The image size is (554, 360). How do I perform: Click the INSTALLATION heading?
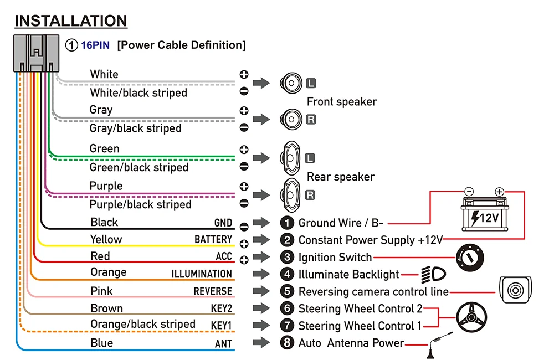[x=70, y=21]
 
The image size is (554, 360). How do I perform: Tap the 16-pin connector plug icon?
[x=36, y=53]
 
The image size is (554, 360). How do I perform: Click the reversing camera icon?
[x=516, y=290]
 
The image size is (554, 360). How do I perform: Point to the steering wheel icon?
[x=471, y=317]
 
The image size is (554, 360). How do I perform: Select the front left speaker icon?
[x=290, y=83]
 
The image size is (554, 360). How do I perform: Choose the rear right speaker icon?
[x=290, y=195]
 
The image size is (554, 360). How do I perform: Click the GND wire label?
[x=223, y=223]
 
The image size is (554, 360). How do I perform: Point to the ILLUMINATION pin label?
[x=202, y=274]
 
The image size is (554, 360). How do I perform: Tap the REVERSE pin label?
[x=213, y=291]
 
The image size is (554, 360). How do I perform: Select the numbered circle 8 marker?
[x=286, y=343]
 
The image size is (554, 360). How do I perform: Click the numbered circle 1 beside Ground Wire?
[x=286, y=223]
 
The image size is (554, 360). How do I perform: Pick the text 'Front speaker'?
[x=342, y=101]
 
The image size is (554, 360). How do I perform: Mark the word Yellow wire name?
[x=106, y=239]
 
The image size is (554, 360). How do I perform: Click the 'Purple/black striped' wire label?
[x=140, y=204]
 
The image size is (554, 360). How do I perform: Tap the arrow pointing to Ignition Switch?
[x=261, y=258]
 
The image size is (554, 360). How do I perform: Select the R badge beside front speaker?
[x=311, y=119]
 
